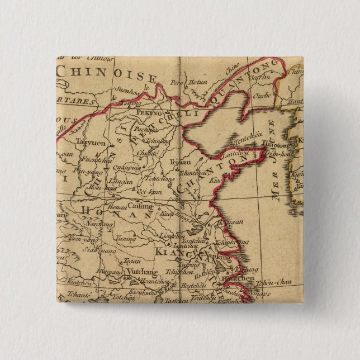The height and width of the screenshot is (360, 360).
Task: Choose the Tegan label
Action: (132, 260)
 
